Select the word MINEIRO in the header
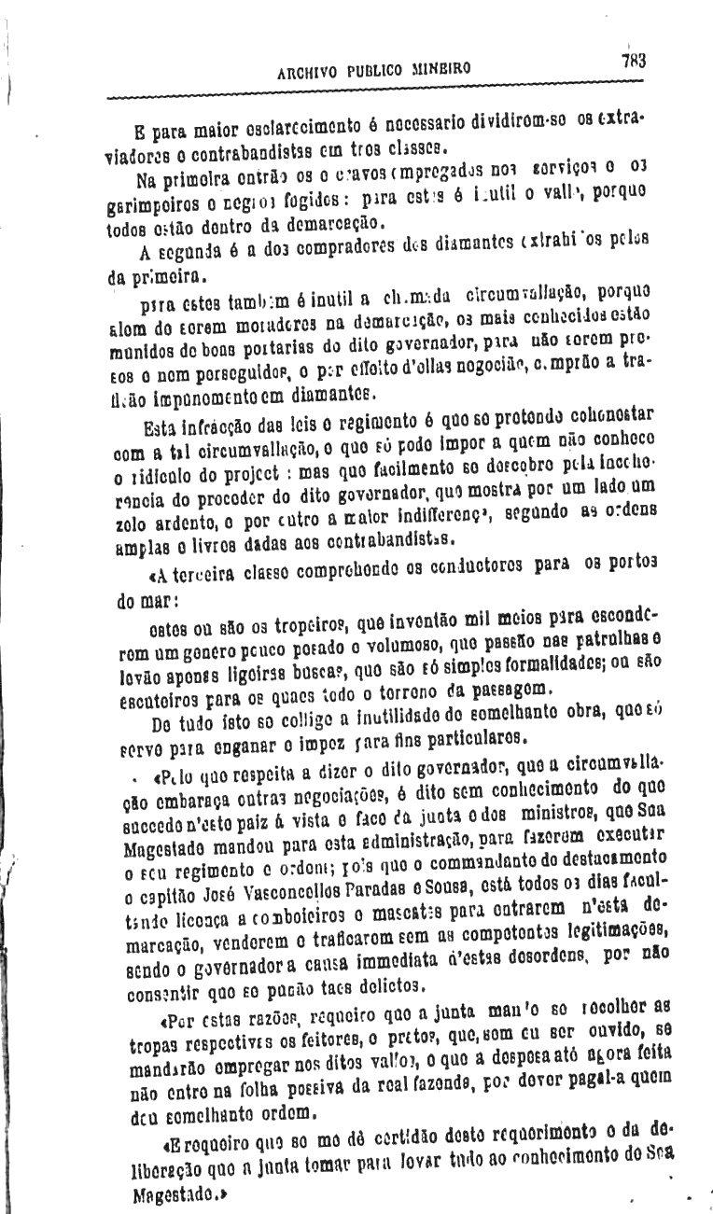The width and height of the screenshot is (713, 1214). (x=439, y=69)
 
